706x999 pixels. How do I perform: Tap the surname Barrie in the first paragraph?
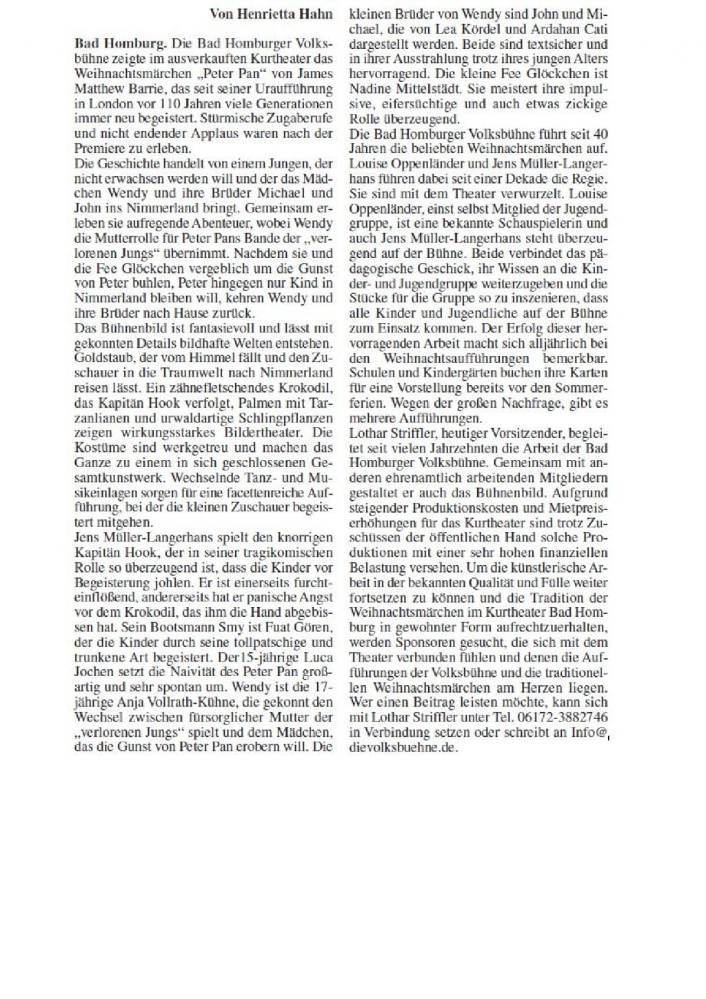[x=143, y=88]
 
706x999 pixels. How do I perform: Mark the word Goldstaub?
[x=101, y=358]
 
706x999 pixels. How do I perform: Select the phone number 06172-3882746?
[x=562, y=718]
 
